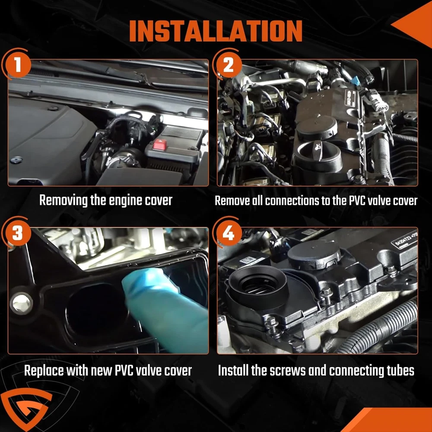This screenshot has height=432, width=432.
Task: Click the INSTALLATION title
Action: click(x=216, y=31)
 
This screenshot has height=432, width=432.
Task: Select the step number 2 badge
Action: click(x=229, y=65)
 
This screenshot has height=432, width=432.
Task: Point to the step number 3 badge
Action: click(x=18, y=233)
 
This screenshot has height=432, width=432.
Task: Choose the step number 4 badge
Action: click(x=229, y=233)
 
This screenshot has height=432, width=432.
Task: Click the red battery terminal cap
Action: click(x=160, y=145)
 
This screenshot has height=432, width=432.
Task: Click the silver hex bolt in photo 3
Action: click(x=22, y=304)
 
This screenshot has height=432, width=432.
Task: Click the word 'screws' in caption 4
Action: click(x=288, y=371)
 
